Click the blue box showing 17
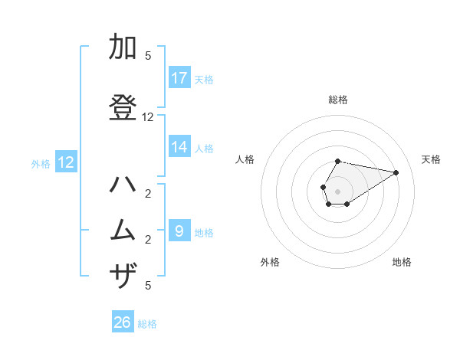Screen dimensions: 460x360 click(x=179, y=78)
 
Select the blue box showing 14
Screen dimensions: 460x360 click(x=179, y=148)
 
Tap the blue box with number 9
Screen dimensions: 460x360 click(x=179, y=231)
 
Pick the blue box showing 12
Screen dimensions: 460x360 click(x=66, y=162)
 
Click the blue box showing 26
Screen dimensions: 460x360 click(x=123, y=322)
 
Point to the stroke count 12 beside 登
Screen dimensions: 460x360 click(x=148, y=117)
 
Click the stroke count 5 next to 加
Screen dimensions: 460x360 click(x=148, y=56)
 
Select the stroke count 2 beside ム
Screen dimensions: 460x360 click(x=148, y=240)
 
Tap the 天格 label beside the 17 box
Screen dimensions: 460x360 click(x=204, y=79)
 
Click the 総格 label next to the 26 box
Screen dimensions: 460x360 click(x=147, y=324)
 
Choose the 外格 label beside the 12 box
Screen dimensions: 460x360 click(x=41, y=164)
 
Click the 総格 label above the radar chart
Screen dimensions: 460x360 click(x=338, y=100)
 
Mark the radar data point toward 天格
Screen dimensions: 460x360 click(x=396, y=172)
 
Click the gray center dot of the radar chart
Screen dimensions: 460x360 click(x=338, y=191)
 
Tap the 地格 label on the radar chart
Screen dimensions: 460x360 click(x=402, y=262)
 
